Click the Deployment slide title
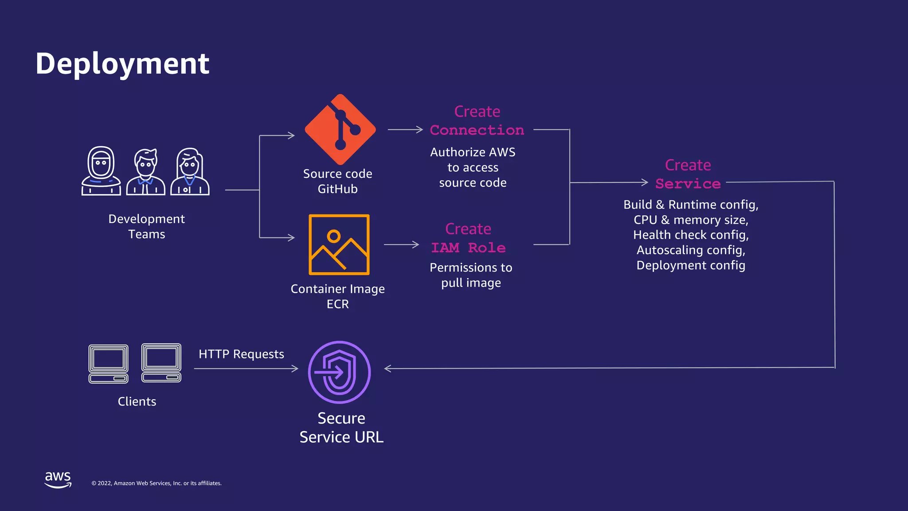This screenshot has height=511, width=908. point(122,63)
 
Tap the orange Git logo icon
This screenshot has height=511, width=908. point(340,130)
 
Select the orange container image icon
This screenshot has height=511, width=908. point(339,244)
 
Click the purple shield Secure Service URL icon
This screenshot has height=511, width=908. point(340,372)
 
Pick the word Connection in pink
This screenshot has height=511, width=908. point(477,130)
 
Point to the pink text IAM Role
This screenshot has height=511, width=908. point(469,248)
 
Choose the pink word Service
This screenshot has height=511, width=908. point(688,184)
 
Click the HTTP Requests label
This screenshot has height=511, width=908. point(241,354)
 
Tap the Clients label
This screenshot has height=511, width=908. point(137,401)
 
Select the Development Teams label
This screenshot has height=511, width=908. point(147,226)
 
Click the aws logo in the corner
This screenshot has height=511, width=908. point(58,480)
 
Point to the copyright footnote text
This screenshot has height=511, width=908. point(157,483)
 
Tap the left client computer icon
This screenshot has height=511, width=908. point(109,364)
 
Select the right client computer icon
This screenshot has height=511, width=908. point(161,363)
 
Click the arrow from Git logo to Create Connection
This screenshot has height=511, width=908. point(405,130)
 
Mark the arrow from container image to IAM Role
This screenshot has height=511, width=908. point(401,244)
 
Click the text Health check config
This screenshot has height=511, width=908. point(691,235)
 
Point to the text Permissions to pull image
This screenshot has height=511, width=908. point(471,275)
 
